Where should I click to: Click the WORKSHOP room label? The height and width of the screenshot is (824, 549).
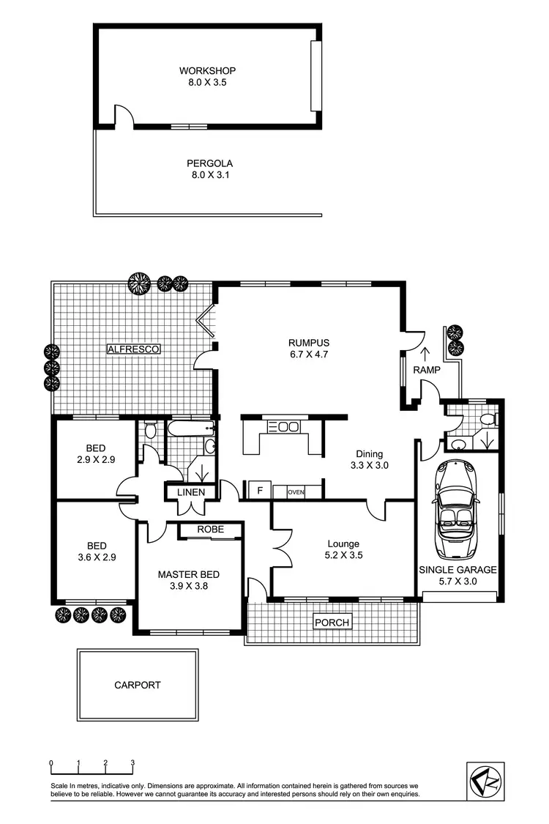coord(207,71)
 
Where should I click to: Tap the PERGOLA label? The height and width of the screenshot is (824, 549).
coord(209,163)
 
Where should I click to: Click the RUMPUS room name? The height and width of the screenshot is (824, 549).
coord(308,342)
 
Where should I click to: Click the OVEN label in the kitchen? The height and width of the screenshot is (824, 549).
coord(296,492)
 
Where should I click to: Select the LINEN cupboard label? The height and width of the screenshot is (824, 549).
coord(190,492)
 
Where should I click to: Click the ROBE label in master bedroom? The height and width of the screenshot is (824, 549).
coord(210,530)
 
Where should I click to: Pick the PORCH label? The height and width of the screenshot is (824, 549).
coord(332,623)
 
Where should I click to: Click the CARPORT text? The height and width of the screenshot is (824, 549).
coord(137,686)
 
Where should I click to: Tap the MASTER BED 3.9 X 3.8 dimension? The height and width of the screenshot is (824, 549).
coord(188,586)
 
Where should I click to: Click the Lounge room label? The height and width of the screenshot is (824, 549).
coord(343,543)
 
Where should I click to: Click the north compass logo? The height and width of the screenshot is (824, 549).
coord(485,779)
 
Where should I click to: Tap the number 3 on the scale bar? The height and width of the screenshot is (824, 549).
coord(132,762)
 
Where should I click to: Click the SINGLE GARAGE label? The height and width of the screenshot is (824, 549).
coord(457,569)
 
